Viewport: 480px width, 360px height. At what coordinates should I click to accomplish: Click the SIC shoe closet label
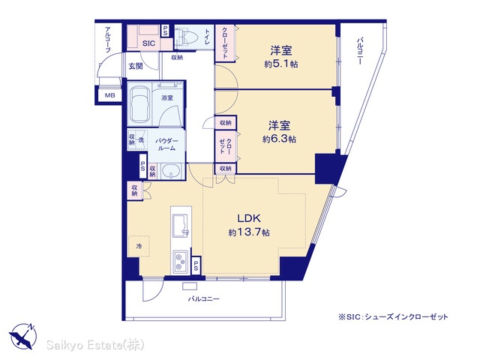(148, 43)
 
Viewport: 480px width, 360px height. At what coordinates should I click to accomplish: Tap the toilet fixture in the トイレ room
(184, 38)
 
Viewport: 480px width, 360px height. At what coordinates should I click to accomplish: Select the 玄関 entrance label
(136, 66)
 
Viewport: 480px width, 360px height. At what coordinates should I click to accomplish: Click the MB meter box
(109, 95)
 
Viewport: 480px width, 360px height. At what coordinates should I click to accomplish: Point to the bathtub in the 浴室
(139, 103)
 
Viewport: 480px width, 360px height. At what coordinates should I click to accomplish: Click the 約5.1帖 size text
(281, 64)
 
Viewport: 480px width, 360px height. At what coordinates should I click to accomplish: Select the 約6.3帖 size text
(279, 139)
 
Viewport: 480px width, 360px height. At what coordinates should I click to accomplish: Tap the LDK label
(249, 218)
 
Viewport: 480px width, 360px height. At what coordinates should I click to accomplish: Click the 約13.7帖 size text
(249, 232)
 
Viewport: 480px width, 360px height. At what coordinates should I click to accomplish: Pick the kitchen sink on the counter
(180, 226)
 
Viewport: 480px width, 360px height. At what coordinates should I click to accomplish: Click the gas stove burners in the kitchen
(181, 262)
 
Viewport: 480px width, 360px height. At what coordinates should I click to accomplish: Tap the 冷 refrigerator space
(139, 246)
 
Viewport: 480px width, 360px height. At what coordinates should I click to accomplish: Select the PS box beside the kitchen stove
(196, 265)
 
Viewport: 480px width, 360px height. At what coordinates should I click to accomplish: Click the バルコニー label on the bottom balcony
(203, 298)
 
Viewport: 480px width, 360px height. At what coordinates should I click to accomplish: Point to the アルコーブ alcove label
(108, 40)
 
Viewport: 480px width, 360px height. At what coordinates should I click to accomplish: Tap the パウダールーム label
(166, 145)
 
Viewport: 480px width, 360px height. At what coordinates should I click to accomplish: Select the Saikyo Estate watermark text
(95, 345)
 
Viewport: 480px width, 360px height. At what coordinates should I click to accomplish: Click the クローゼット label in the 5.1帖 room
(225, 43)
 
